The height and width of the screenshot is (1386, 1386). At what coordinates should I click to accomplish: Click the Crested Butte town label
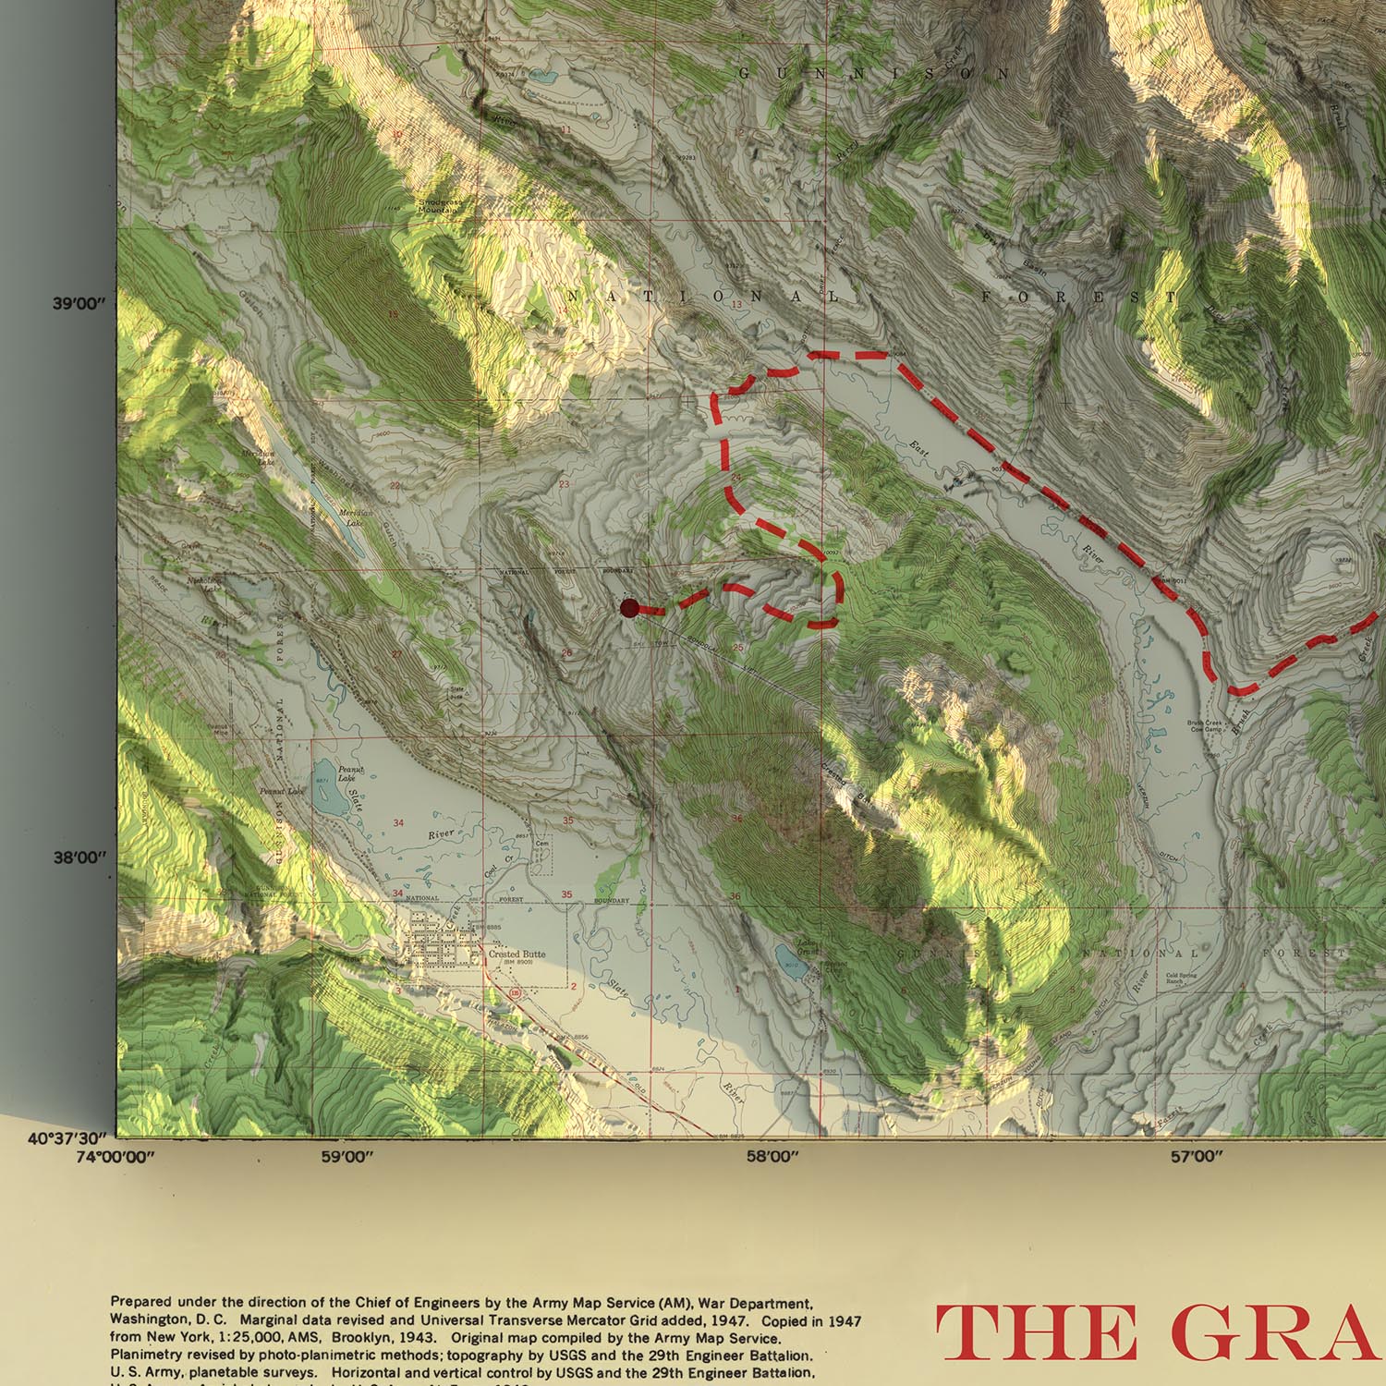(517, 954)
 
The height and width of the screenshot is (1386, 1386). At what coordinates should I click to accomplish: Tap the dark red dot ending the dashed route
(629, 608)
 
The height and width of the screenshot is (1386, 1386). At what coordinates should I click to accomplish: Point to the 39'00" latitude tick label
(80, 303)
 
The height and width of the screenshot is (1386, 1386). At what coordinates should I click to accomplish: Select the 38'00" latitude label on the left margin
(80, 857)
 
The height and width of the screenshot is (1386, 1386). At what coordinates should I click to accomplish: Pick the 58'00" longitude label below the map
(771, 1156)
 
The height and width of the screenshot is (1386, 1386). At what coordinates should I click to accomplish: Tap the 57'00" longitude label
(1196, 1156)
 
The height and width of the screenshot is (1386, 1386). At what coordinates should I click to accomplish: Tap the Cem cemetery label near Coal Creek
(542, 843)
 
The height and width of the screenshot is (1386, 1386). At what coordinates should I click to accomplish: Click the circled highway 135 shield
(514, 991)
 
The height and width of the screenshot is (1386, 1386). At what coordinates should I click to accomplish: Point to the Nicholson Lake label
(203, 584)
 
